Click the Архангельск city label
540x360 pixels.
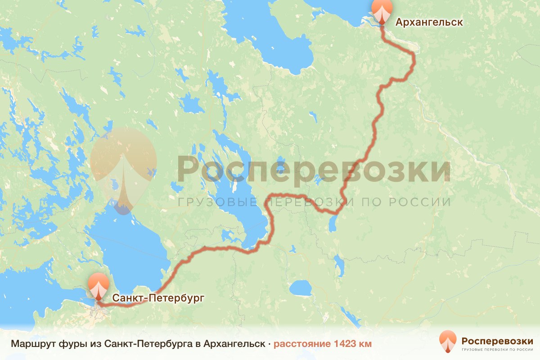coord(429,22)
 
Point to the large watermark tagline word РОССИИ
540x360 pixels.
coord(427,202)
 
